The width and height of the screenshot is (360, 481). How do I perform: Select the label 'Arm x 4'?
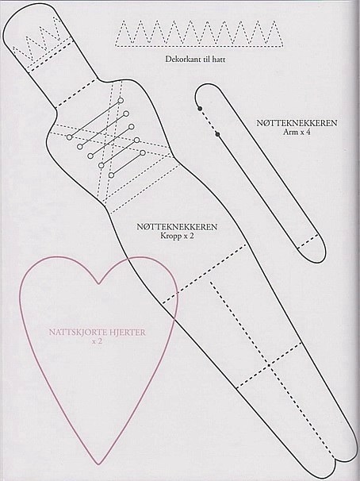pos(297,133)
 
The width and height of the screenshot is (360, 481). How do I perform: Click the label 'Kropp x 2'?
pos(177,237)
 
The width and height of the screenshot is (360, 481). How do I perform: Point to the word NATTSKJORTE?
pos(75,333)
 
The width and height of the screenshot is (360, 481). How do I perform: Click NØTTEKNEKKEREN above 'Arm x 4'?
pos(297,123)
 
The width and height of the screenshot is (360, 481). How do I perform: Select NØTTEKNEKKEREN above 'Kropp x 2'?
pos(177,227)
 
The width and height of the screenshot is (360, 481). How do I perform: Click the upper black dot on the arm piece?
pos(200,109)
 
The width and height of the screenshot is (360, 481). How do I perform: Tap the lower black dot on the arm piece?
pos(217,134)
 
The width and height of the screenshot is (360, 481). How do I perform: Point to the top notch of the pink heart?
pos(98,283)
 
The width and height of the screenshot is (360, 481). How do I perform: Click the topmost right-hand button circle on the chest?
pos(121,100)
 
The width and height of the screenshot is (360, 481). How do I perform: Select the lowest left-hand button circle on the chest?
pos(112,175)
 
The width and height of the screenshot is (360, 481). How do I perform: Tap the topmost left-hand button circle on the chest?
pos(70,137)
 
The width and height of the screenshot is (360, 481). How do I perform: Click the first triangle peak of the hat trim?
pos(124,21)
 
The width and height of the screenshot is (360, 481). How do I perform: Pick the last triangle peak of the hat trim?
pos(274,21)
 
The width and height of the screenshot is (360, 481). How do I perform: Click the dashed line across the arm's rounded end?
pos(308,241)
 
